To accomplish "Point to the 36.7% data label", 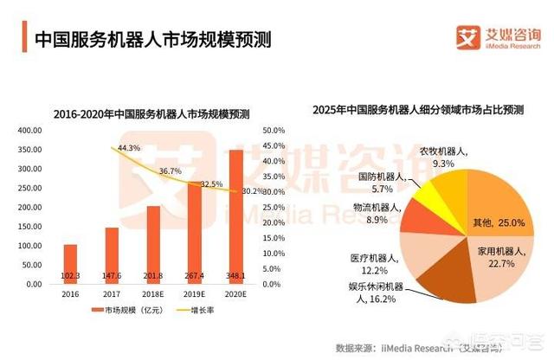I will (x=170, y=171).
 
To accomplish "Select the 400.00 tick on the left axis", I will (x=30, y=130).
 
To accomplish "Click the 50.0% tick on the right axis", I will (x=274, y=130).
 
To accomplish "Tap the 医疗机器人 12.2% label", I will (x=373, y=264).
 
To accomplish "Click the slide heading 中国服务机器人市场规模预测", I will (x=151, y=38).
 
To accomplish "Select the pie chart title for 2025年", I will (x=417, y=110).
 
